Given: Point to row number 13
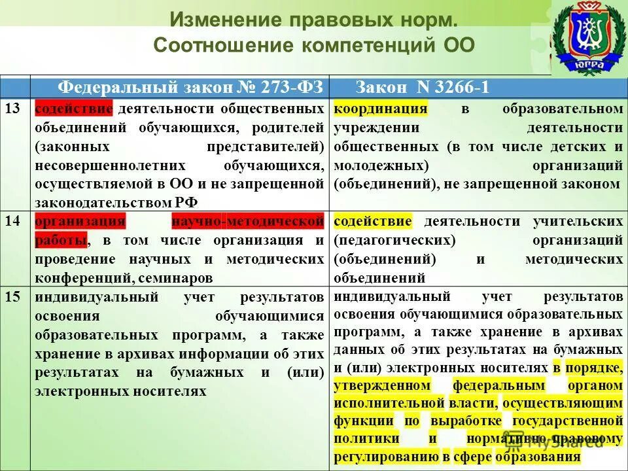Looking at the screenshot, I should click(x=12, y=108).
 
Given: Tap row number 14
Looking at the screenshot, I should click(x=12, y=221).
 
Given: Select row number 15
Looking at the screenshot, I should click(x=12, y=297).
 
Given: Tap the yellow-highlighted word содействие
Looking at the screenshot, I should click(x=373, y=221).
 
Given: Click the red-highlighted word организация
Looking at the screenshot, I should click(x=79, y=221).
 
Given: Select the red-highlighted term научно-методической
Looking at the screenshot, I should click(x=248, y=221).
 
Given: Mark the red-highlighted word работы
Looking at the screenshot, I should click(x=60, y=240).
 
